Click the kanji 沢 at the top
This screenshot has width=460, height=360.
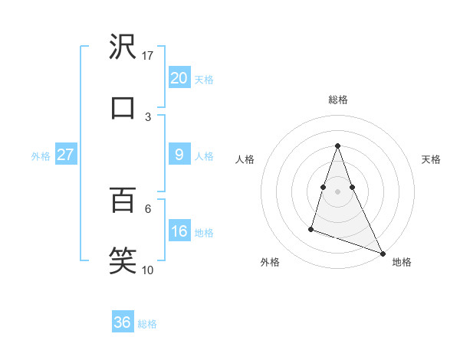click(x=123, y=47)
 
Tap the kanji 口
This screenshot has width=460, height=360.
click(x=123, y=107)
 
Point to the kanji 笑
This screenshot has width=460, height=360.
click(x=123, y=259)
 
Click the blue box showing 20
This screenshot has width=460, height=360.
click(x=179, y=78)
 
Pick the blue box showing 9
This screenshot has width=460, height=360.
click(x=179, y=155)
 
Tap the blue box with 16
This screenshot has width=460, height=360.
click(x=179, y=231)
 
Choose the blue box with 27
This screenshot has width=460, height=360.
click(x=65, y=155)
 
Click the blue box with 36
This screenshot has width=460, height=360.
click(x=122, y=322)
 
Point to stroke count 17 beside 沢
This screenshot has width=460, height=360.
click(x=148, y=56)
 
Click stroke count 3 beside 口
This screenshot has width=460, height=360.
click(x=148, y=116)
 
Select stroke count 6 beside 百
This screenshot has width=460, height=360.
click(x=148, y=208)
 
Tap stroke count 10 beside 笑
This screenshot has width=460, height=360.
click(x=148, y=269)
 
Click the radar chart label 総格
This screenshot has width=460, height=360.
click(x=338, y=100)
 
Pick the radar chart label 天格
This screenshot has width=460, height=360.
click(x=431, y=159)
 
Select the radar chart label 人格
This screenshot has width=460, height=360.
click(x=245, y=159)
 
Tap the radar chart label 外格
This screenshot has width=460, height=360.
click(x=270, y=262)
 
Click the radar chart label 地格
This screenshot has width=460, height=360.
click(x=402, y=262)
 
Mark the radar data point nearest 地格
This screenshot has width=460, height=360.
click(x=382, y=253)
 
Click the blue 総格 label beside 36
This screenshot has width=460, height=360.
click(x=147, y=323)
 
